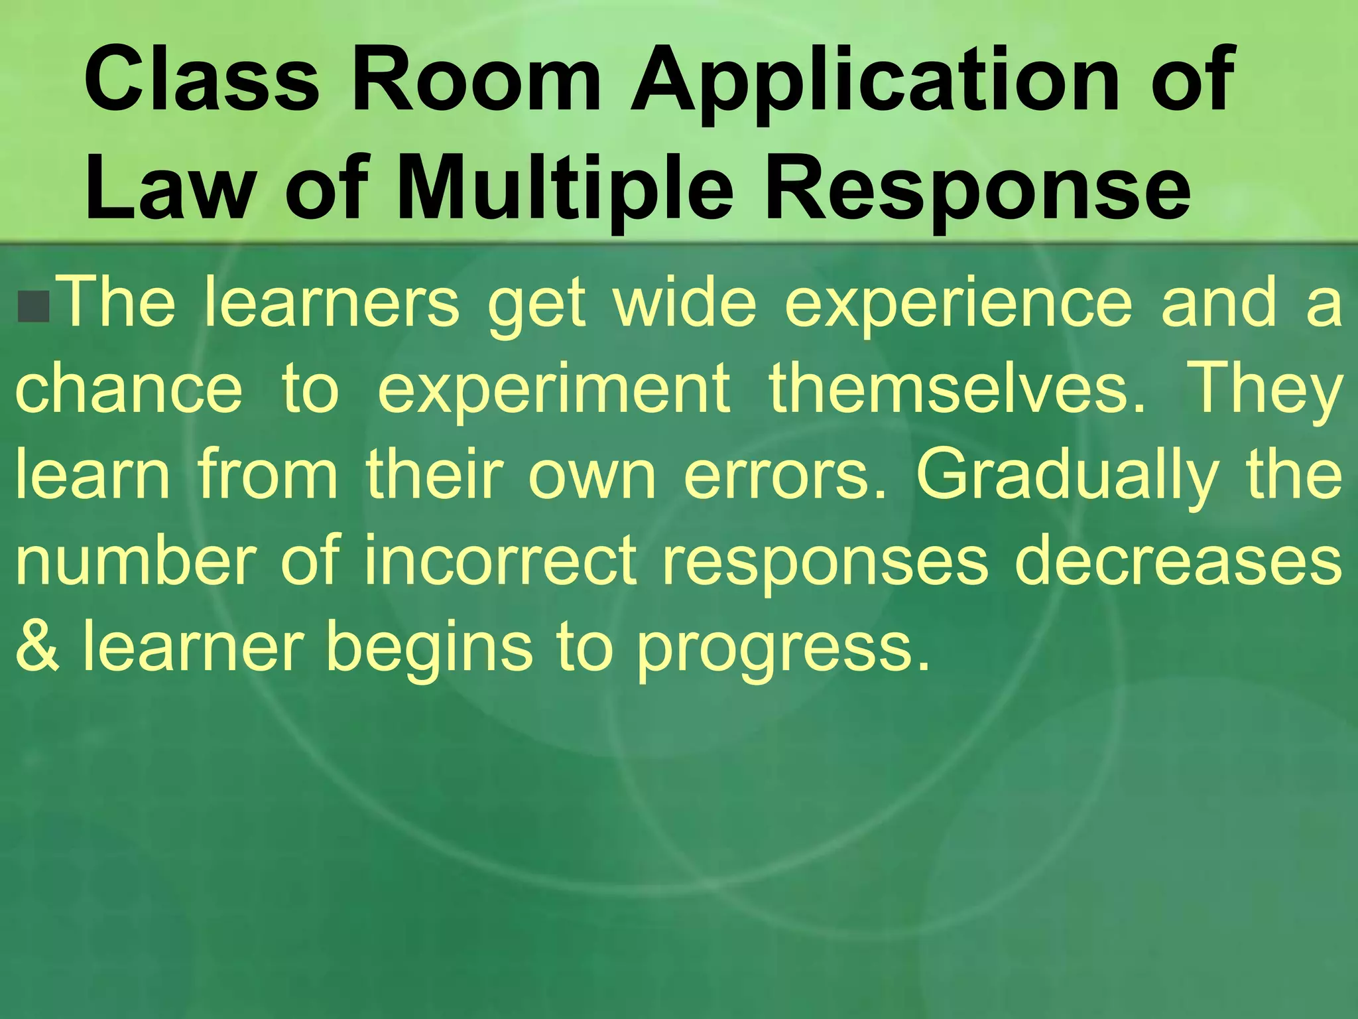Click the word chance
click(x=129, y=388)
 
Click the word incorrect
click(x=501, y=561)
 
